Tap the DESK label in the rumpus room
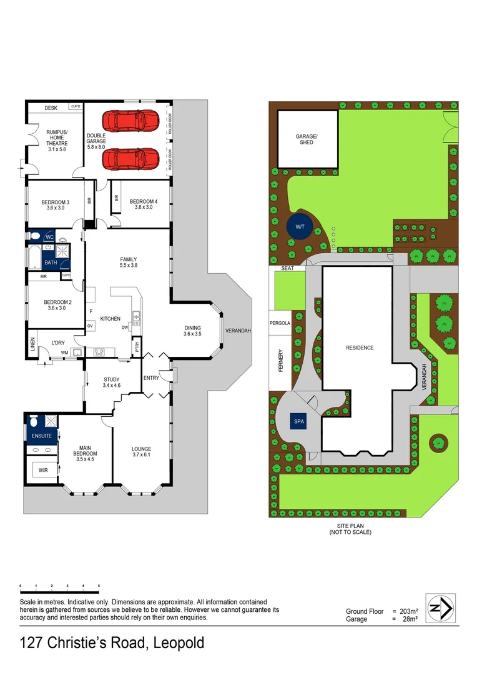(x=51, y=108)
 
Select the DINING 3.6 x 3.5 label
(x=192, y=331)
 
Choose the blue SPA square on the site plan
(x=299, y=422)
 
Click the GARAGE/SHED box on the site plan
(x=307, y=139)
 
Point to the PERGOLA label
(x=280, y=324)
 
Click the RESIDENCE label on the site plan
(x=360, y=347)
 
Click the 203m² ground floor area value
(x=408, y=611)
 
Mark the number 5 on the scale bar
(x=99, y=586)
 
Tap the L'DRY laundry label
(x=59, y=343)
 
